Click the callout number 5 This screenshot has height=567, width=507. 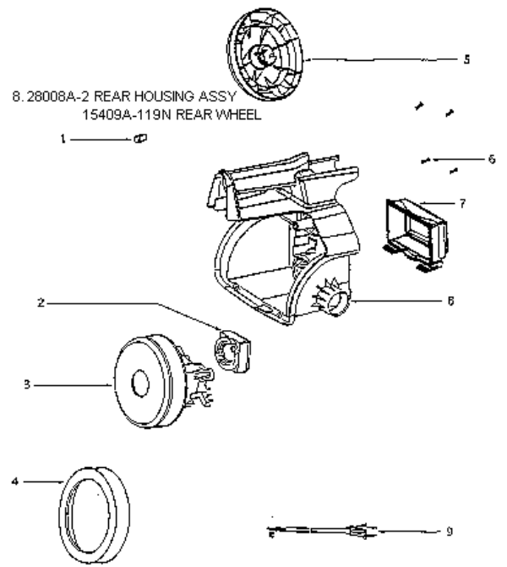(466, 60)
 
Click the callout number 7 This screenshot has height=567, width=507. (463, 203)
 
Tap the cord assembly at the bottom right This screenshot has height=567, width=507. (321, 532)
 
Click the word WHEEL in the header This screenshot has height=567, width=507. (237, 117)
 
